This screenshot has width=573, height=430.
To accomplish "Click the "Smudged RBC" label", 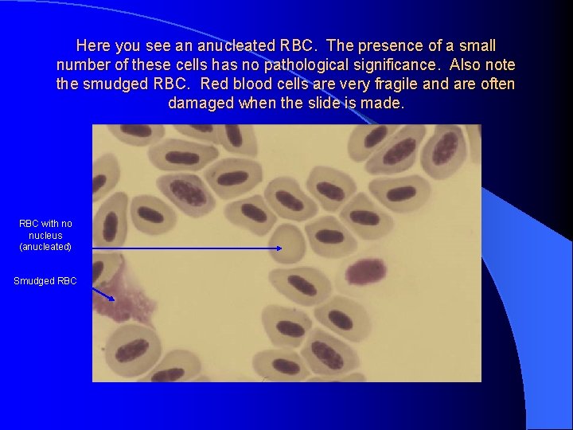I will pos(45,280).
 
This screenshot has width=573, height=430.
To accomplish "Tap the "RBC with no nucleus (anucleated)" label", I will pos(45,235).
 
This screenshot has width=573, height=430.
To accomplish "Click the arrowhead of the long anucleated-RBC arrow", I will pos(279,248).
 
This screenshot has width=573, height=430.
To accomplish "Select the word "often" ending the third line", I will pos(497,84).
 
